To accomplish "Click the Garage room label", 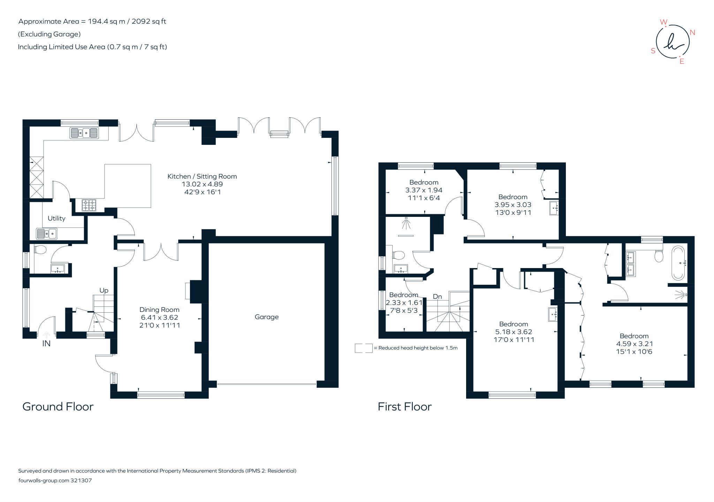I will click(x=266, y=317).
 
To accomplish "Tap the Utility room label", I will click(x=56, y=218).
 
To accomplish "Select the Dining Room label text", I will click(x=159, y=309).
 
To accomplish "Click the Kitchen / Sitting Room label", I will click(x=202, y=177).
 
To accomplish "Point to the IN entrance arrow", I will click(x=46, y=335).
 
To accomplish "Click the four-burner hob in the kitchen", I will click(x=89, y=205).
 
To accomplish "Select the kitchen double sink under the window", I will click(x=84, y=133).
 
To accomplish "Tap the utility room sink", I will click(x=47, y=234).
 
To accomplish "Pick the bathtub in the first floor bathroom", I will click(x=678, y=263).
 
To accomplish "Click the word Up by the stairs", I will click(x=104, y=290).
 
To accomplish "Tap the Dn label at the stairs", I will click(x=437, y=297).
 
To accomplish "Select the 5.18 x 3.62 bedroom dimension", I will click(x=514, y=332).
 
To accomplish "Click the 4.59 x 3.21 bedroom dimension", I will click(x=634, y=344).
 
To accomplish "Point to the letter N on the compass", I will click(x=692, y=33).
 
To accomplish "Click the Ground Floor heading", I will click(x=58, y=407).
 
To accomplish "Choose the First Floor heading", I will click(x=404, y=407).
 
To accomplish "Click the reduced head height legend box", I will click(x=363, y=348).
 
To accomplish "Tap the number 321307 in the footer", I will click(x=81, y=480).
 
